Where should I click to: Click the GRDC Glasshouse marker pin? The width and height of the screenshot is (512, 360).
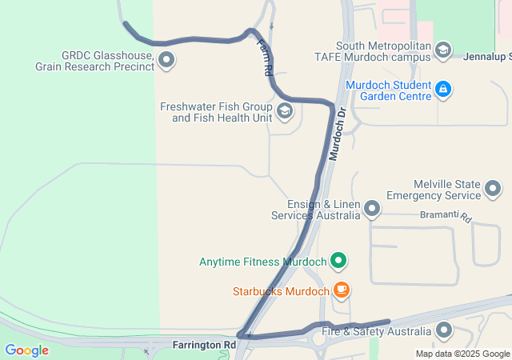(x=166, y=58)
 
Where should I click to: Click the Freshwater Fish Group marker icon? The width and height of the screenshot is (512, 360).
(x=284, y=110)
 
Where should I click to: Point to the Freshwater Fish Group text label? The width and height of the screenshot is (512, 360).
(x=217, y=112)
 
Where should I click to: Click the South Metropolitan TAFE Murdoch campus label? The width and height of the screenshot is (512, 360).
(x=384, y=51)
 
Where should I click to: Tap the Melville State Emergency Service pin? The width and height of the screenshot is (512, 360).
(x=493, y=190)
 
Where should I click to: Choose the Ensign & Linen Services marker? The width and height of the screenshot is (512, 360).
(x=371, y=210)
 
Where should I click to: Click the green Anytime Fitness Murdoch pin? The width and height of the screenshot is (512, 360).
(x=338, y=261)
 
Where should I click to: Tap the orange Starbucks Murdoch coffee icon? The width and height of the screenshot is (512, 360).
(x=342, y=290)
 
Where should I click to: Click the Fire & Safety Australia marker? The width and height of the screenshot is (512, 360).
(x=444, y=330)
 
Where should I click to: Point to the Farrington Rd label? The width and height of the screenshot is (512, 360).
(x=204, y=345)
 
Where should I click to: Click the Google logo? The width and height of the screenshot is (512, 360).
(x=26, y=350)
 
